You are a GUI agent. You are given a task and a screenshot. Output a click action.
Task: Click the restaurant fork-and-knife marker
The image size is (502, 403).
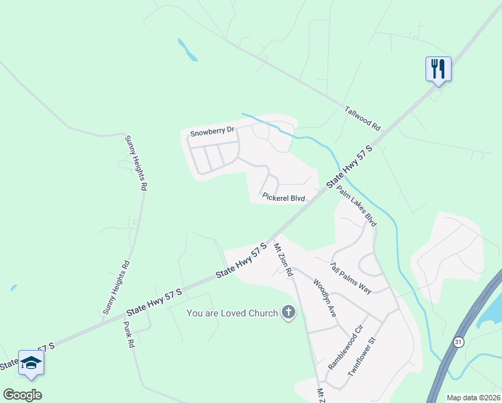click(438, 69)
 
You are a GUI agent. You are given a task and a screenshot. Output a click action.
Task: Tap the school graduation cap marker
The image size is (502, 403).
click(31, 363)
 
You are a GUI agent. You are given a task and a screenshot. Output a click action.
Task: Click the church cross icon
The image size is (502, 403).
click(289, 312)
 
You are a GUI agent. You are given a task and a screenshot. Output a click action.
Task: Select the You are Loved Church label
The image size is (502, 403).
click(232, 313)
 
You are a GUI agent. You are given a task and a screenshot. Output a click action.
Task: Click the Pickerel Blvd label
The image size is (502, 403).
click(284, 198)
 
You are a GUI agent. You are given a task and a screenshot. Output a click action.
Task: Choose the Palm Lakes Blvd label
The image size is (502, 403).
click(356, 206)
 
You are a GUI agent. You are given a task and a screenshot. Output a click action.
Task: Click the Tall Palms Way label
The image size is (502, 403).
click(350, 277)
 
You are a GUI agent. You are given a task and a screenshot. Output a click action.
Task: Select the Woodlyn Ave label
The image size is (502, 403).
click(323, 294)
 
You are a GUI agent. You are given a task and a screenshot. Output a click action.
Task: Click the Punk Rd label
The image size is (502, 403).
click(129, 334)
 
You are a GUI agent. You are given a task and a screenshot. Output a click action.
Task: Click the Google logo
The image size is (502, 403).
click(22, 395)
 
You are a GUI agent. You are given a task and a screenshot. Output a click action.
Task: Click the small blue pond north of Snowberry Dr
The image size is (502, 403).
click(187, 50)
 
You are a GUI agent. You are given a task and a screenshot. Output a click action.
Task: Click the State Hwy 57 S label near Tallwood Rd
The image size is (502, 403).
click(350, 167)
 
